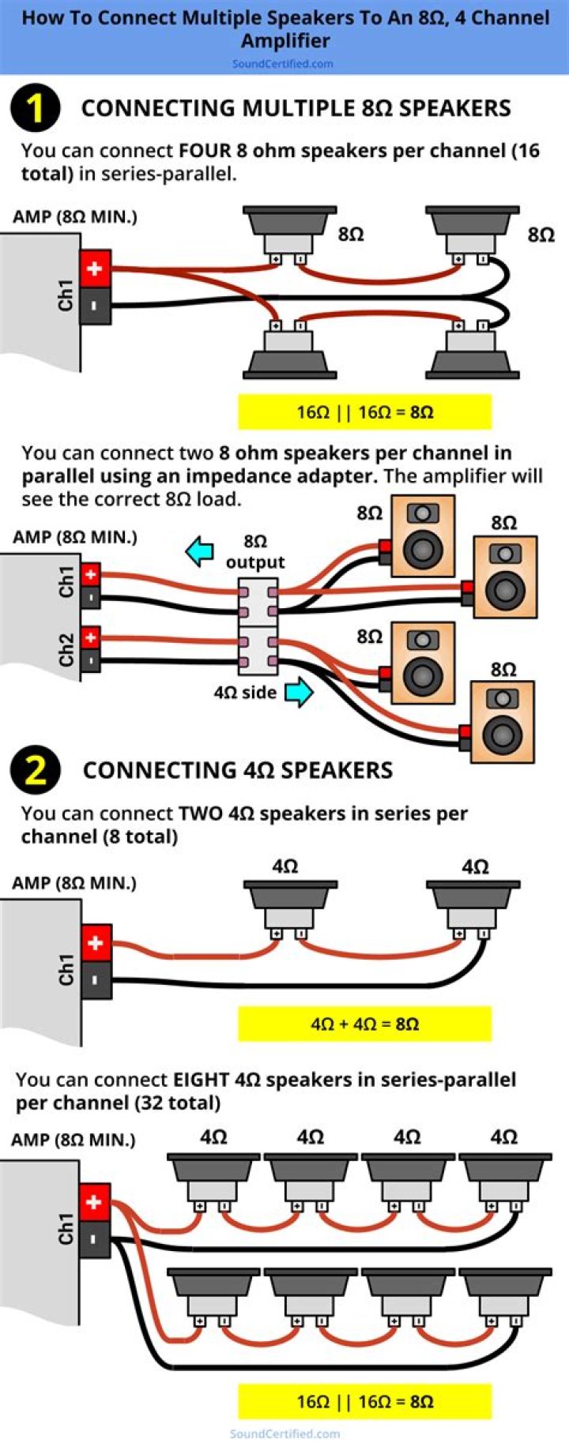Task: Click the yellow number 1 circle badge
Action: [x=35, y=108]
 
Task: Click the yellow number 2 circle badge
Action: [x=35, y=769]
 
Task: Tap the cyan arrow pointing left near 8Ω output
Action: [x=200, y=551]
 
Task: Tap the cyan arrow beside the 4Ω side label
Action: [x=298, y=693]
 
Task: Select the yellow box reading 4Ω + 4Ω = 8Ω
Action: [x=364, y=1024]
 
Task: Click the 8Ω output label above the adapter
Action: [x=254, y=551]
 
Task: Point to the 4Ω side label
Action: [x=245, y=693]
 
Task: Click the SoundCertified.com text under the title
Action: [x=282, y=63]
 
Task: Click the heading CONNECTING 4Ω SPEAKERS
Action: [x=237, y=770]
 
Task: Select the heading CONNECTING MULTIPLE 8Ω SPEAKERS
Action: [x=296, y=108]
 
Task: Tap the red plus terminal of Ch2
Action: [x=91, y=637]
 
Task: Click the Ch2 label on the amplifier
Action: [x=66, y=648]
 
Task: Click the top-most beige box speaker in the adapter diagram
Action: [x=423, y=536]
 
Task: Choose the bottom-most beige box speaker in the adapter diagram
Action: [x=502, y=723]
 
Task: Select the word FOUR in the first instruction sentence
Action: [x=205, y=151]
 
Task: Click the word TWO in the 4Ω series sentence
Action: [x=201, y=814]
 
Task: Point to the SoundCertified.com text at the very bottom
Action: [x=284, y=1434]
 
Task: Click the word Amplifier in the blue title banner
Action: [x=285, y=40]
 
